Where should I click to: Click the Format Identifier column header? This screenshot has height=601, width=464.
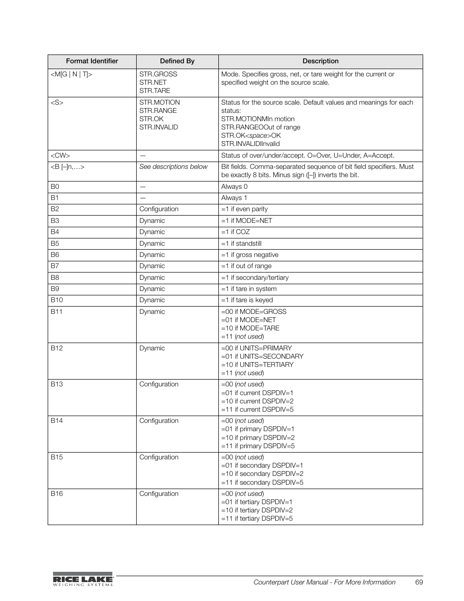[92, 61]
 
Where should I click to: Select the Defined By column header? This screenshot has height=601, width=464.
[177, 61]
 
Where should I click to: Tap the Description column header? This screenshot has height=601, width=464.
[320, 61]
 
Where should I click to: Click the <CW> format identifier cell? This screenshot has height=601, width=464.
[60, 156]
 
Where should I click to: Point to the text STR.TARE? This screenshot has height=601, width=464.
[155, 91]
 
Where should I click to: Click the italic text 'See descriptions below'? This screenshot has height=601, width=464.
[173, 167]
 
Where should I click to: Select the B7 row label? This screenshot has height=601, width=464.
[55, 266]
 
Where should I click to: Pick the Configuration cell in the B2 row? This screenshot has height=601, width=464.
[159, 209]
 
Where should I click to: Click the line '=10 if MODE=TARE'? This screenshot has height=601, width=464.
[250, 328]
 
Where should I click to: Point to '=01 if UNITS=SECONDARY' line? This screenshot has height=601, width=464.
[262, 357]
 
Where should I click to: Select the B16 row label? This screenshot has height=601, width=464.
[57, 494]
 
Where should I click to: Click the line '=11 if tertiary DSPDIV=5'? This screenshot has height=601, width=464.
[257, 519]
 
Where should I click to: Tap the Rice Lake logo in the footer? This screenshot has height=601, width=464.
[83, 579]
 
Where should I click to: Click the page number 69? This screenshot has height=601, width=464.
[419, 583]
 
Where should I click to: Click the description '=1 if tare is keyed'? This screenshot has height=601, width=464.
[247, 300]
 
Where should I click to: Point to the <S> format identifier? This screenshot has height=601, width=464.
[57, 103]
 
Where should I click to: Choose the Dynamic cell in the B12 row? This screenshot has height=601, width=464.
[152, 348]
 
